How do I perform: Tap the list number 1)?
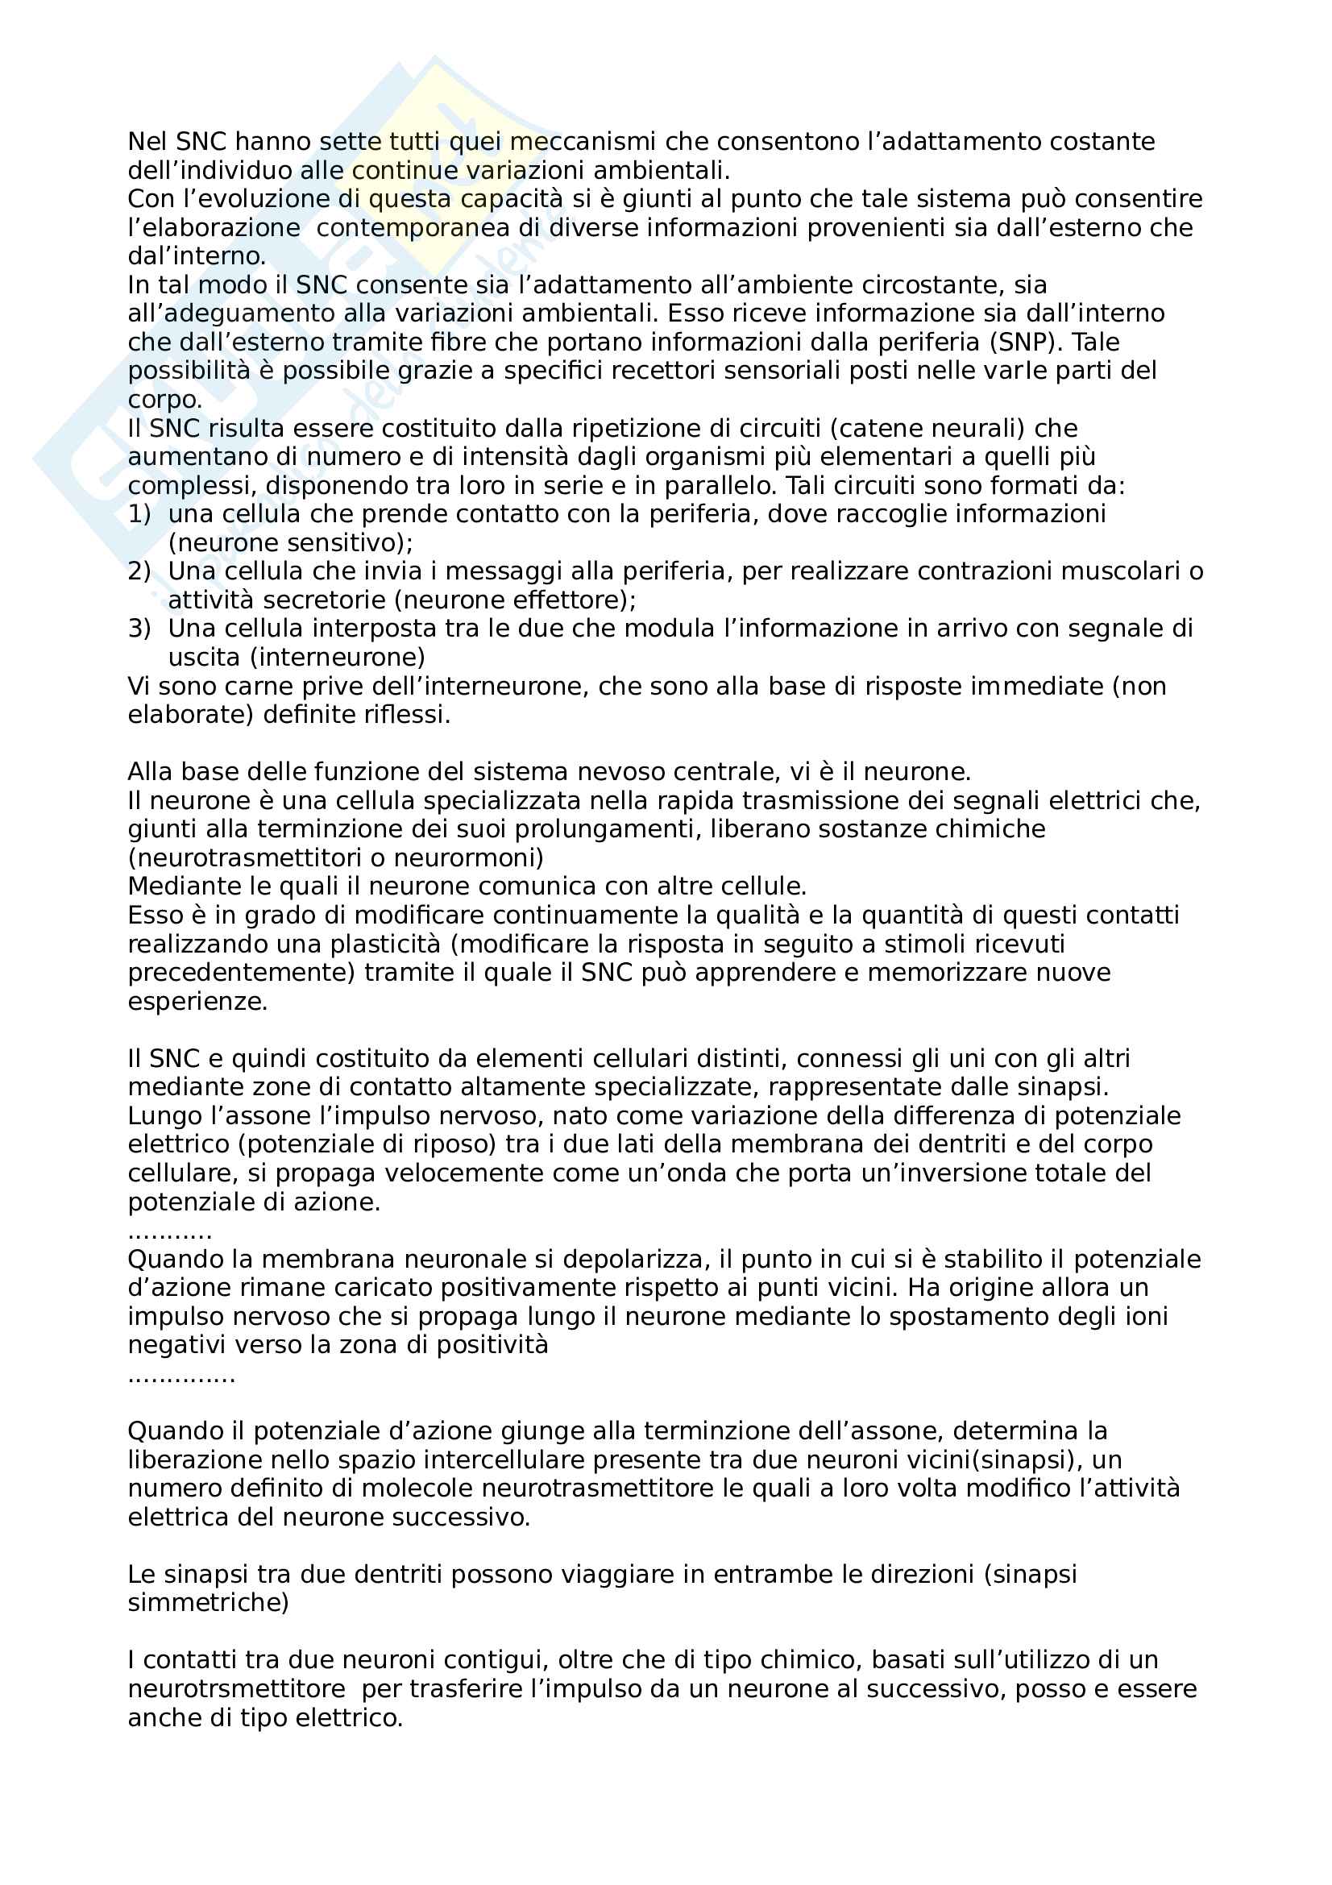coord(139,514)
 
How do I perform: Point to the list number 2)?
coord(139,571)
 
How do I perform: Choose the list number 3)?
coord(139,629)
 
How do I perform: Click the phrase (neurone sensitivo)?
coord(291,542)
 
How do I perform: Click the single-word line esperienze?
coord(197,1002)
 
